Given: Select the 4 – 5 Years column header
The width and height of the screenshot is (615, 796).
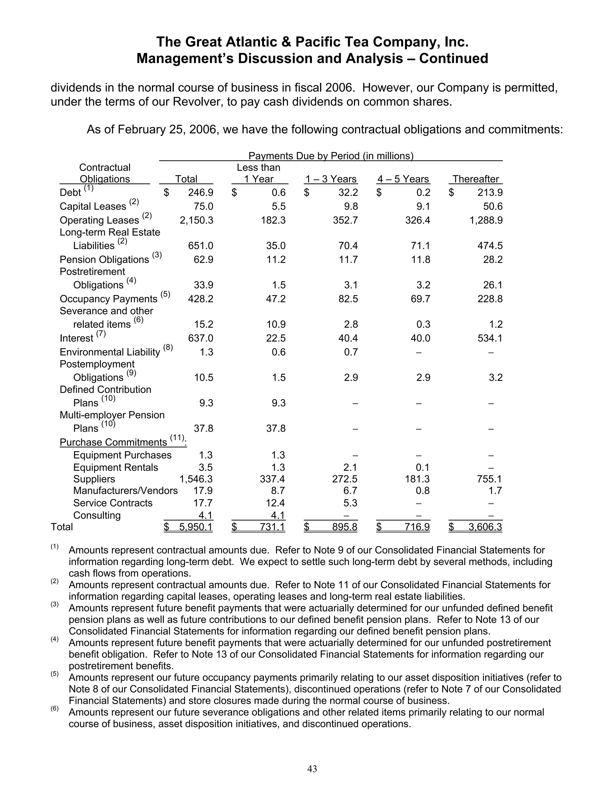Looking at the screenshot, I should coord(403,179).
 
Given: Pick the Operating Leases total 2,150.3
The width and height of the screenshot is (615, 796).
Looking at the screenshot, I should coord(196,220).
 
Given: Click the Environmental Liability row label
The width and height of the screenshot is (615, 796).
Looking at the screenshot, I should coord(110,352).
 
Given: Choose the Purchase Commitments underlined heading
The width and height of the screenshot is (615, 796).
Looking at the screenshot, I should coord(113,442).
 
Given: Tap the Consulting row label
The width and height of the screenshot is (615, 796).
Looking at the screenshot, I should coord(97,515).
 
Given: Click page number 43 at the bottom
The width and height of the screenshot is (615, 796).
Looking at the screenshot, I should coord(312,769).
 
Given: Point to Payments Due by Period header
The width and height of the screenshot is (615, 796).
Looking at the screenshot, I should coord(331,156).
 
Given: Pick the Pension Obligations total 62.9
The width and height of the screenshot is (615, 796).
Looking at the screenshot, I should coord(203,260).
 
